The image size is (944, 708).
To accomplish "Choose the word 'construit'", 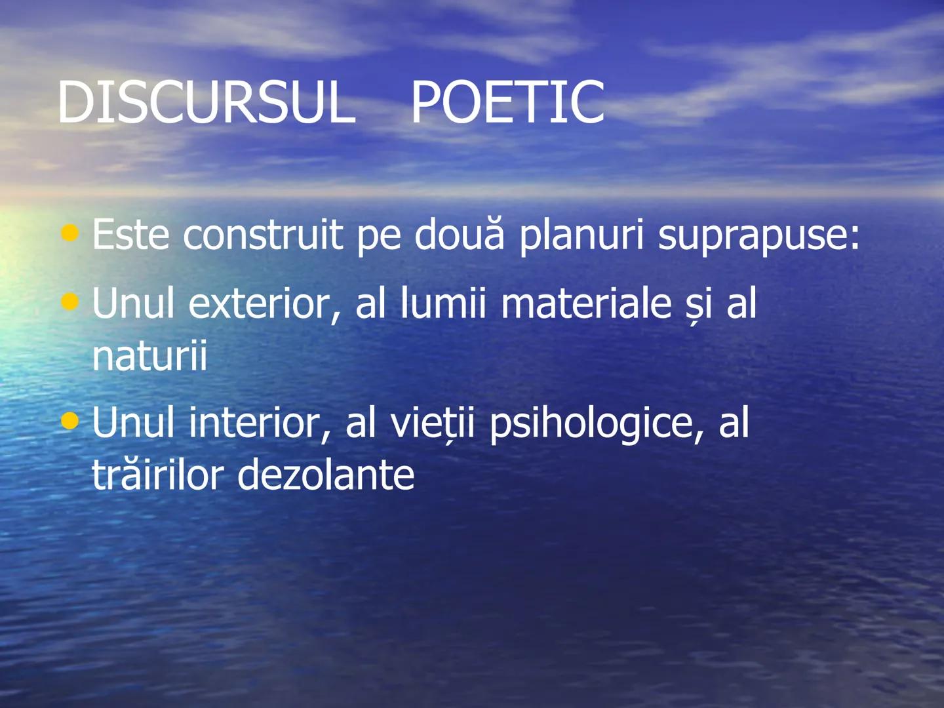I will tap(263, 234).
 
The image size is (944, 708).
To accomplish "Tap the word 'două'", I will tap(460, 234).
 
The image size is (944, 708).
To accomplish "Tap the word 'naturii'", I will tap(149, 355).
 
